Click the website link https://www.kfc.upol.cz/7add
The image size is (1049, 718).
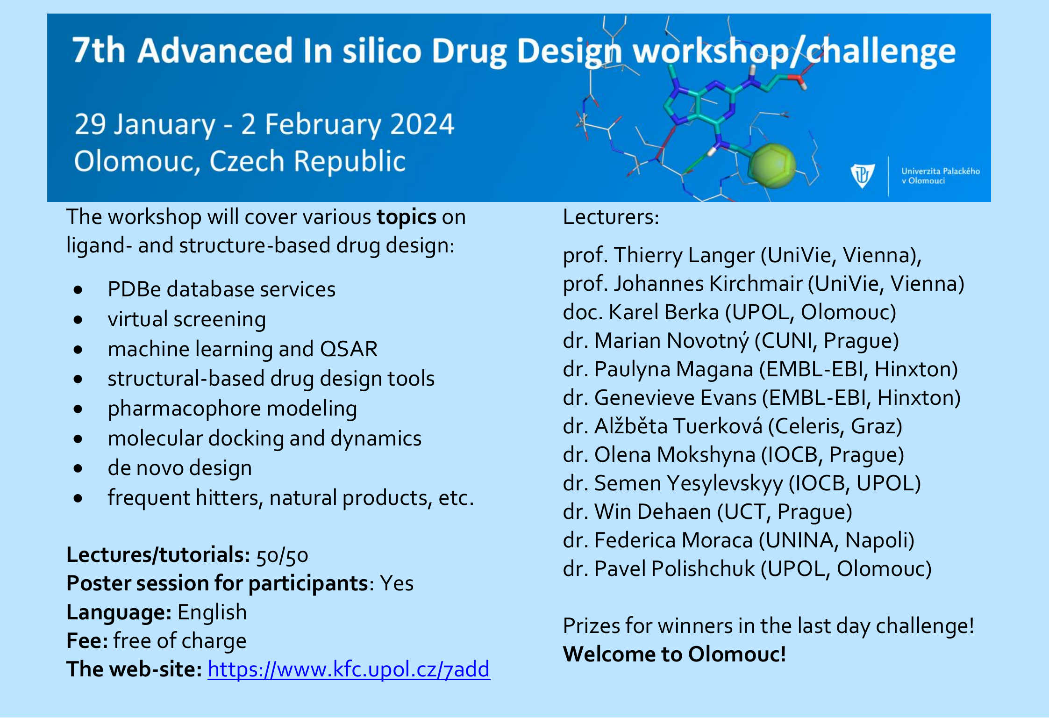pos(349,669)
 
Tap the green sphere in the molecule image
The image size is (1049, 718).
pos(772,166)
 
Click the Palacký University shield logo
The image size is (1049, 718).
pos(862,175)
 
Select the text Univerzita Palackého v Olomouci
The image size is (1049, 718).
pos(940,176)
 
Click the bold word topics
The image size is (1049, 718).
pos(407,217)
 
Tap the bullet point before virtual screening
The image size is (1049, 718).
pos(78,320)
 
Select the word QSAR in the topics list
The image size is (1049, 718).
pos(349,349)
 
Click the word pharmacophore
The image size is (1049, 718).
pos(184,409)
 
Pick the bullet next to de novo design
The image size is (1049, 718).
pos(78,468)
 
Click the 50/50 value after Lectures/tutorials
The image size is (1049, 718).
pos(282,555)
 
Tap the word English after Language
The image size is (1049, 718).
pos(212,612)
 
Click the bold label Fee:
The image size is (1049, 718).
pos(87,640)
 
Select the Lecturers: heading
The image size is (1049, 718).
pos(611,217)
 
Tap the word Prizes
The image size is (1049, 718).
pos(592,625)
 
